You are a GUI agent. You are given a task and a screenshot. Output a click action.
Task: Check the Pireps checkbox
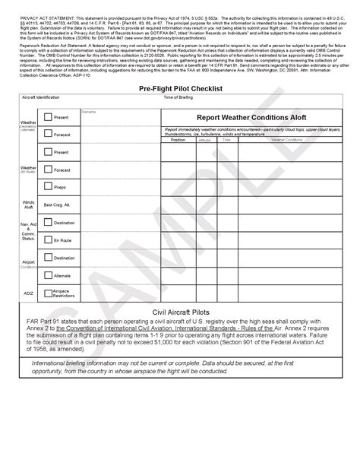(x=48, y=186)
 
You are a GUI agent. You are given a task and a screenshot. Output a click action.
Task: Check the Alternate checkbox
(x=48, y=275)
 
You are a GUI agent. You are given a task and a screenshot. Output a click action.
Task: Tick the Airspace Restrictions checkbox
(x=48, y=292)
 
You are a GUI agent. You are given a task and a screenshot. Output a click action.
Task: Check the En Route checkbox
(x=48, y=239)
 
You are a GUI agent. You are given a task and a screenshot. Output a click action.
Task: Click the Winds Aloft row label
(x=29, y=204)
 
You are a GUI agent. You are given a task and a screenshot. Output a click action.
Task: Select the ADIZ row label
(x=29, y=292)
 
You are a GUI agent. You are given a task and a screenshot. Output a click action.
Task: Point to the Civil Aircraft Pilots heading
(x=180, y=312)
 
